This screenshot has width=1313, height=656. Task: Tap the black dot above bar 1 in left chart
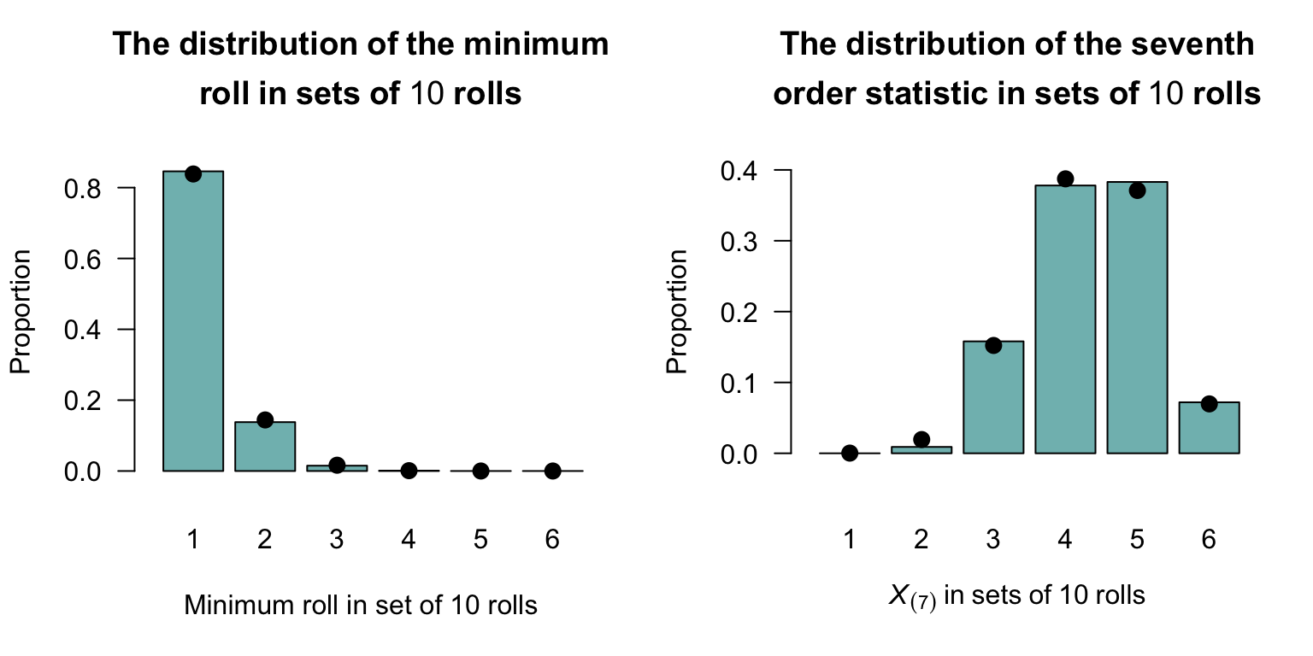pos(193,174)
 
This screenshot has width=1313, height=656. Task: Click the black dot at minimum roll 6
pos(553,471)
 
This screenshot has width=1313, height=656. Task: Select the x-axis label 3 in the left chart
pos(337,540)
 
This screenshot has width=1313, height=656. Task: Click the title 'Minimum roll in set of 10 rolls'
pos(361,606)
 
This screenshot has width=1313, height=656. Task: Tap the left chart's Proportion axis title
pos(21,312)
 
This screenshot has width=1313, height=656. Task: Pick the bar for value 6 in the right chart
pos(1209,427)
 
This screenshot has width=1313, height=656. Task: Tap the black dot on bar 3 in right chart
pos(993,345)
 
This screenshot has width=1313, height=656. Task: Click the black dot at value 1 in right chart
pos(850,453)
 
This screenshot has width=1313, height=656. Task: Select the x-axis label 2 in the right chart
pos(921,540)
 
